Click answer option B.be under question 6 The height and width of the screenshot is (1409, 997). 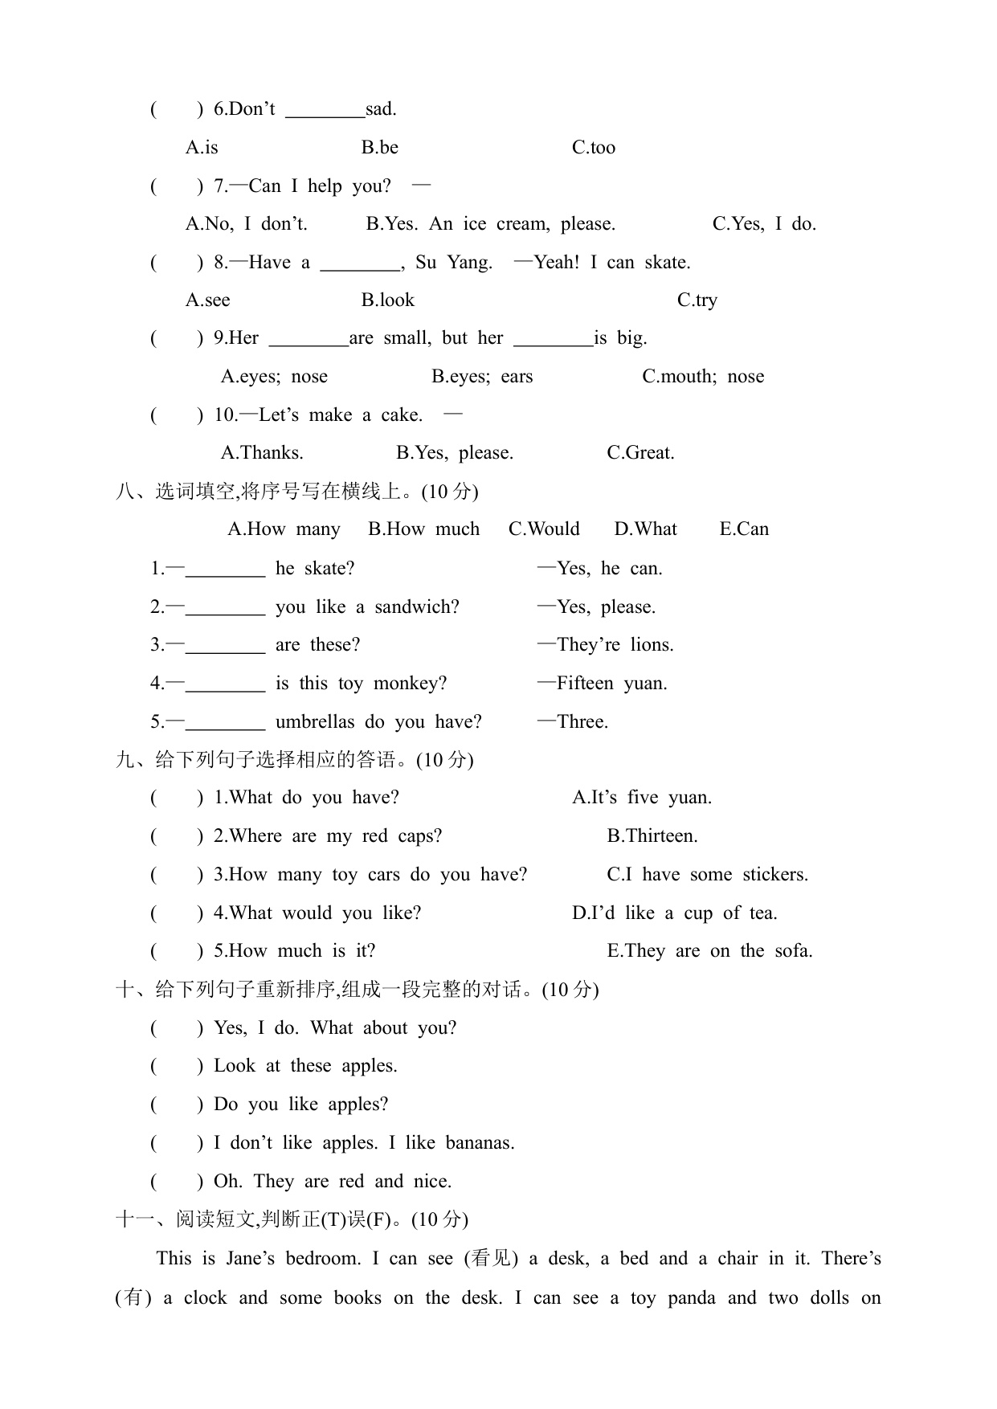[x=379, y=148]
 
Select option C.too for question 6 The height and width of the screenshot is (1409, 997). [x=593, y=148]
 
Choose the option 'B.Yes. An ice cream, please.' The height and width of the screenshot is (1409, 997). [x=490, y=224]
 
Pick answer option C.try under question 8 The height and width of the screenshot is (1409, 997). [x=697, y=300]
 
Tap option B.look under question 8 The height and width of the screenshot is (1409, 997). [x=387, y=300]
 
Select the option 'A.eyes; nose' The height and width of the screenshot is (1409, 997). [x=274, y=377]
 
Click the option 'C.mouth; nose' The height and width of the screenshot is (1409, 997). [x=702, y=377]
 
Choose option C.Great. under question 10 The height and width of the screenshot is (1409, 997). [x=640, y=453]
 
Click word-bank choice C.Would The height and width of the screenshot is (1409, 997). [x=544, y=529]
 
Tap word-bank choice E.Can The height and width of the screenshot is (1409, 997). [x=744, y=529]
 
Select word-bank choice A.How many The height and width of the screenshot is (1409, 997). [x=284, y=529]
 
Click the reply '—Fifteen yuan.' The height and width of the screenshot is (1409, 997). [x=603, y=684]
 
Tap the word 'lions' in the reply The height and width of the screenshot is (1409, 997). [x=652, y=645]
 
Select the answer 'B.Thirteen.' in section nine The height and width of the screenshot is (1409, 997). [x=652, y=836]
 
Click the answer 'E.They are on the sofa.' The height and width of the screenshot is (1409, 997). [x=709, y=951]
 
